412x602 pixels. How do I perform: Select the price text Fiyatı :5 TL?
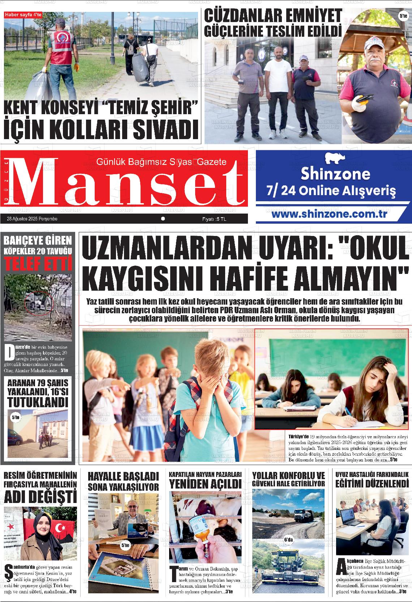tap(214, 219)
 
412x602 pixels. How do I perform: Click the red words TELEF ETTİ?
tap(40, 265)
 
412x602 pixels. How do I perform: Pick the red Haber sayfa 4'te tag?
tap(23, 15)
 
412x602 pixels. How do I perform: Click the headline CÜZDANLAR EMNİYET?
tap(273, 16)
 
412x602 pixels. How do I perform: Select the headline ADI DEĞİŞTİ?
tap(40, 496)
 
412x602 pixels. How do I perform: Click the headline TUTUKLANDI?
tap(38, 402)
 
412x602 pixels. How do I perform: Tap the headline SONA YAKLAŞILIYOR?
tap(123, 487)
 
